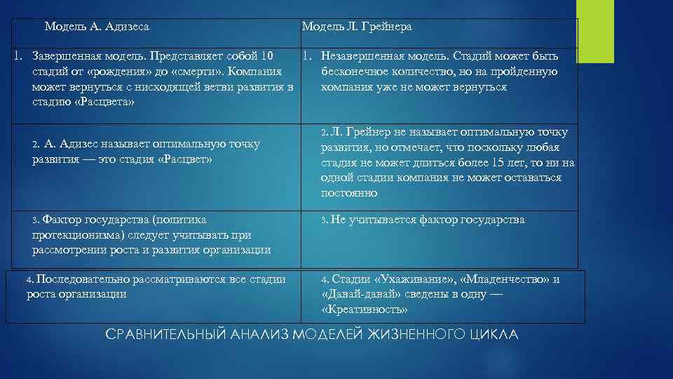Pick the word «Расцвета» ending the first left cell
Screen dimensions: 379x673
point(104,102)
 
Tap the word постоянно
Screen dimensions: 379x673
point(349,193)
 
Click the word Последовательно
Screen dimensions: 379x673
point(79,279)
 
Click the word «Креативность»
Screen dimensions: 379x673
point(365,310)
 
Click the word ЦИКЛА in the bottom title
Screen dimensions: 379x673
point(494,335)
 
